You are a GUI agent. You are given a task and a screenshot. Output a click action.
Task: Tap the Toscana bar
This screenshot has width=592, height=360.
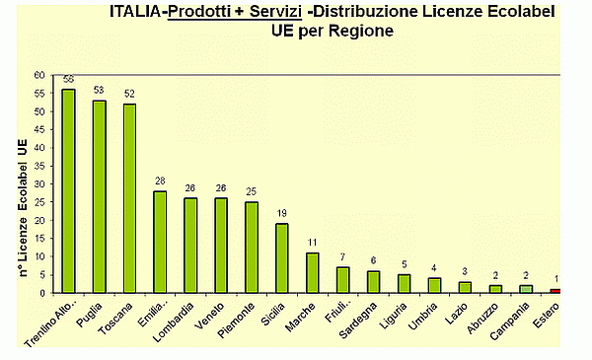tap(129, 198)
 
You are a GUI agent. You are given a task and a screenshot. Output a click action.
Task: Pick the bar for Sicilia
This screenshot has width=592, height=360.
tap(282, 257)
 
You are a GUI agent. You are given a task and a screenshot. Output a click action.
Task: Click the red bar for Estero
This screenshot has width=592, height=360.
tap(556, 291)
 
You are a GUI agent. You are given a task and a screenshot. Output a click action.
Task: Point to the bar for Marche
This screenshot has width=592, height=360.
tap(312, 272)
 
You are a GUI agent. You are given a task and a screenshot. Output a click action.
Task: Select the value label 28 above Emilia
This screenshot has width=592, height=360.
tap(160, 180)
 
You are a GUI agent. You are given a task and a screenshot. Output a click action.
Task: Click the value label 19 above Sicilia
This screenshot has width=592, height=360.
tap(282, 213)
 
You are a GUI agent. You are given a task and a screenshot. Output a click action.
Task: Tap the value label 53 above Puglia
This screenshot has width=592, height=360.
tap(100, 90)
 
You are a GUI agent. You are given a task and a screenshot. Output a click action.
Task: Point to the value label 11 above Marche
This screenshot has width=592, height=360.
tap(312, 242)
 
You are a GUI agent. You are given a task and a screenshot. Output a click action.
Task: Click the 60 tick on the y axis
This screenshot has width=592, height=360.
tap(38, 75)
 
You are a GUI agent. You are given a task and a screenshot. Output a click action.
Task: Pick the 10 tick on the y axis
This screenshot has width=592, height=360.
tap(38, 256)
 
